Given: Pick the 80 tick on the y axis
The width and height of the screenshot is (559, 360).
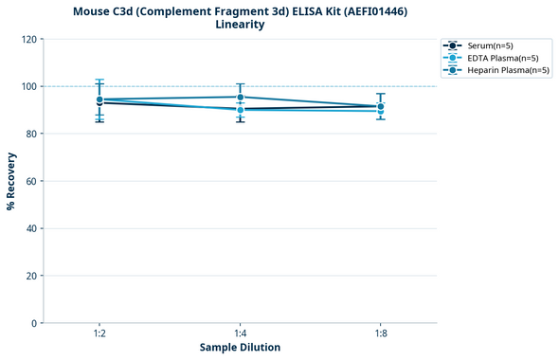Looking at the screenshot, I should [31, 134].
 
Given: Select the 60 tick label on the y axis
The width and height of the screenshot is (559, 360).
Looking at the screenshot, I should [31, 181].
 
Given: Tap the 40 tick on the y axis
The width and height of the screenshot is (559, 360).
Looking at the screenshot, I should [31, 228].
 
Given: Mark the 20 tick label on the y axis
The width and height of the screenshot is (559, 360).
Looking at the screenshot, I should [31, 276].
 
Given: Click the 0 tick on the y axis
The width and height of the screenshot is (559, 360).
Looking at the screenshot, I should [34, 323].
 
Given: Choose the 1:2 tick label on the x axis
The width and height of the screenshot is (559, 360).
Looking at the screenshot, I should [99, 334].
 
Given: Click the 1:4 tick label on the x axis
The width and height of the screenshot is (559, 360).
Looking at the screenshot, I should [240, 334].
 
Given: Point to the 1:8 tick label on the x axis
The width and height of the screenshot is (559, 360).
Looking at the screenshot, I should [380, 334].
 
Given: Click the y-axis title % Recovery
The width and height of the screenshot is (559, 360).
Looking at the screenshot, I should [11, 181].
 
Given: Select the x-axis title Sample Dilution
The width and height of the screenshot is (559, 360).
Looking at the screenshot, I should [240, 348].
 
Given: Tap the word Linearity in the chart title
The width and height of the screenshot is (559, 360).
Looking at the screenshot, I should [240, 25].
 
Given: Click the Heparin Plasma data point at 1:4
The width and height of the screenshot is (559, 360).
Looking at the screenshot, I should [240, 97].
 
